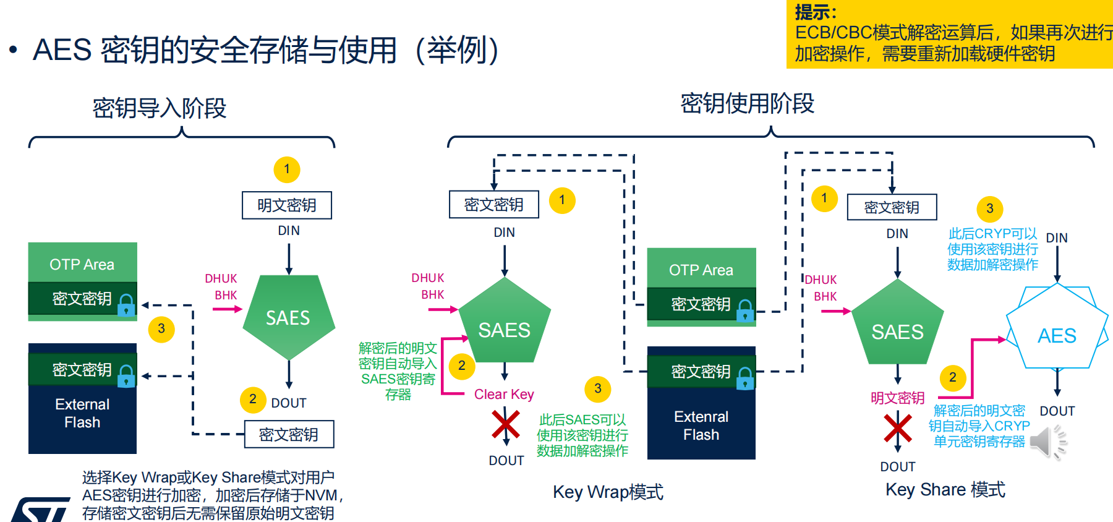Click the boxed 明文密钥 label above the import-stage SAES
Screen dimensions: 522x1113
pos(286,205)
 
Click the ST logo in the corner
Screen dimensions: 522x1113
pos(40,510)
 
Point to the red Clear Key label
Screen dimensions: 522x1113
pos(504,395)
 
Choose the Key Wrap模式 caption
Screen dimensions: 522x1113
pos(608,492)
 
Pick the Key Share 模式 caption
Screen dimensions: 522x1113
pos(945,490)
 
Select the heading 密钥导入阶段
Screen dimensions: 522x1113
pos(160,108)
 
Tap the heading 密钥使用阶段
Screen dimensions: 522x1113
pos(747,103)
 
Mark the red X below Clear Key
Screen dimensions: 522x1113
pos(506,425)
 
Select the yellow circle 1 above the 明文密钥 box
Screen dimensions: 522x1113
pos(287,169)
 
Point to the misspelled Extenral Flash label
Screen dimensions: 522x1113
pos(701,426)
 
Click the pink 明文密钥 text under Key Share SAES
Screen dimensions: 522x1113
pos(897,398)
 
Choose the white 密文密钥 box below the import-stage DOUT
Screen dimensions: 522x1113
pos(289,434)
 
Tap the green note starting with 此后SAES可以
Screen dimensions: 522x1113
pos(582,435)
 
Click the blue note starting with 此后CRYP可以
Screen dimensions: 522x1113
pos(992,249)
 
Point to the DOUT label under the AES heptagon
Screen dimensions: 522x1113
pos(1057,411)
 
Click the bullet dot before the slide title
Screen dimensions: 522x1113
pos(13,49)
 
